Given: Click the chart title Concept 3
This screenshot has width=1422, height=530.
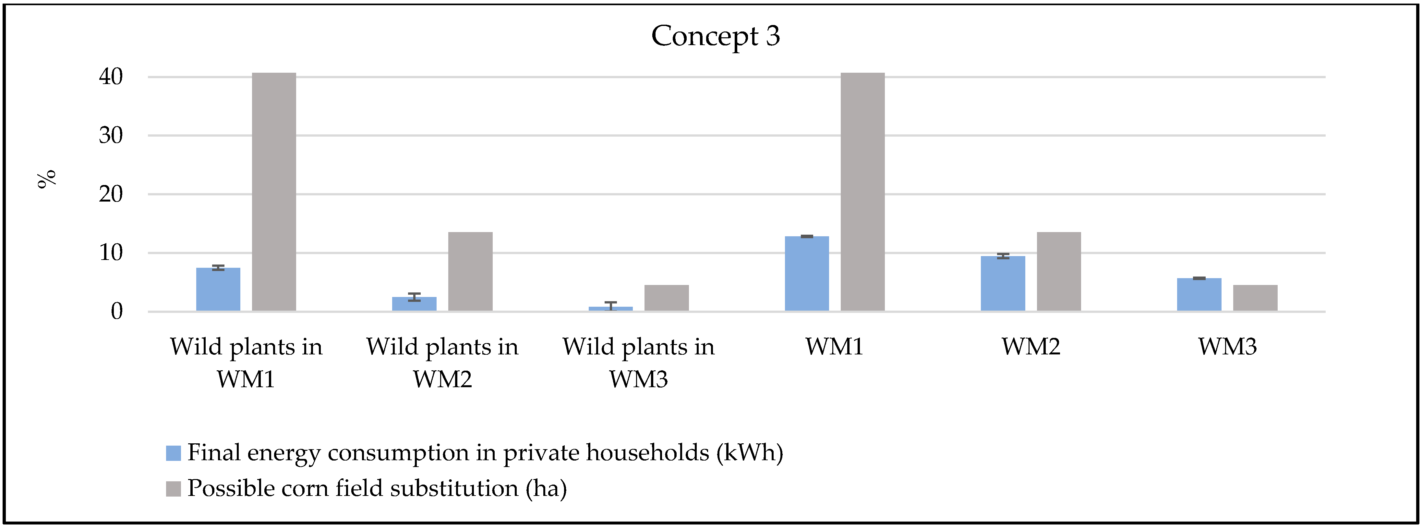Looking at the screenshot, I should (x=716, y=36).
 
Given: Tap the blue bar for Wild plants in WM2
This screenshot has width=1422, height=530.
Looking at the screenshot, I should (x=414, y=304).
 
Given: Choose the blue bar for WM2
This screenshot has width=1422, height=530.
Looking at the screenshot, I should (x=1003, y=283).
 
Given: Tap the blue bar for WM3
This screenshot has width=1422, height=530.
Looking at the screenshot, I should (x=1199, y=294).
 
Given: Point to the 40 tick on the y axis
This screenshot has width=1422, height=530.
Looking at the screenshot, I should (x=111, y=77).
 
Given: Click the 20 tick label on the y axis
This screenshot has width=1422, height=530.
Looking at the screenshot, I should (x=111, y=194).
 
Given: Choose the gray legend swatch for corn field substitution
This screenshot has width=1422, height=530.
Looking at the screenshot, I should (x=173, y=488).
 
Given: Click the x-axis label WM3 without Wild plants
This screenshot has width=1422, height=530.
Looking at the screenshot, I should (x=1227, y=347).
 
